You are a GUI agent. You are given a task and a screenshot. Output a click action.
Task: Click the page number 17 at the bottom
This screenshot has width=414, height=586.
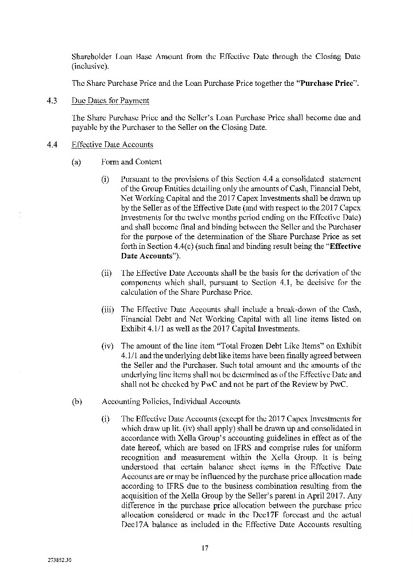tap(204, 548)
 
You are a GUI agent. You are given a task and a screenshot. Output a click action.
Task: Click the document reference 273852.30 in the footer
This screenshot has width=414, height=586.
tap(59, 559)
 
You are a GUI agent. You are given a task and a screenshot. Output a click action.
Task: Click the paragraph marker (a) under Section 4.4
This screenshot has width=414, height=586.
tap(76, 162)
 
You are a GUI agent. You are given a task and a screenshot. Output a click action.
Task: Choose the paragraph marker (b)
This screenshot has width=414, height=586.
tap(76, 401)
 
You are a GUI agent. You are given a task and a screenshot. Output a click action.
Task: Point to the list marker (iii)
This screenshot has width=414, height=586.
tap(107, 309)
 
